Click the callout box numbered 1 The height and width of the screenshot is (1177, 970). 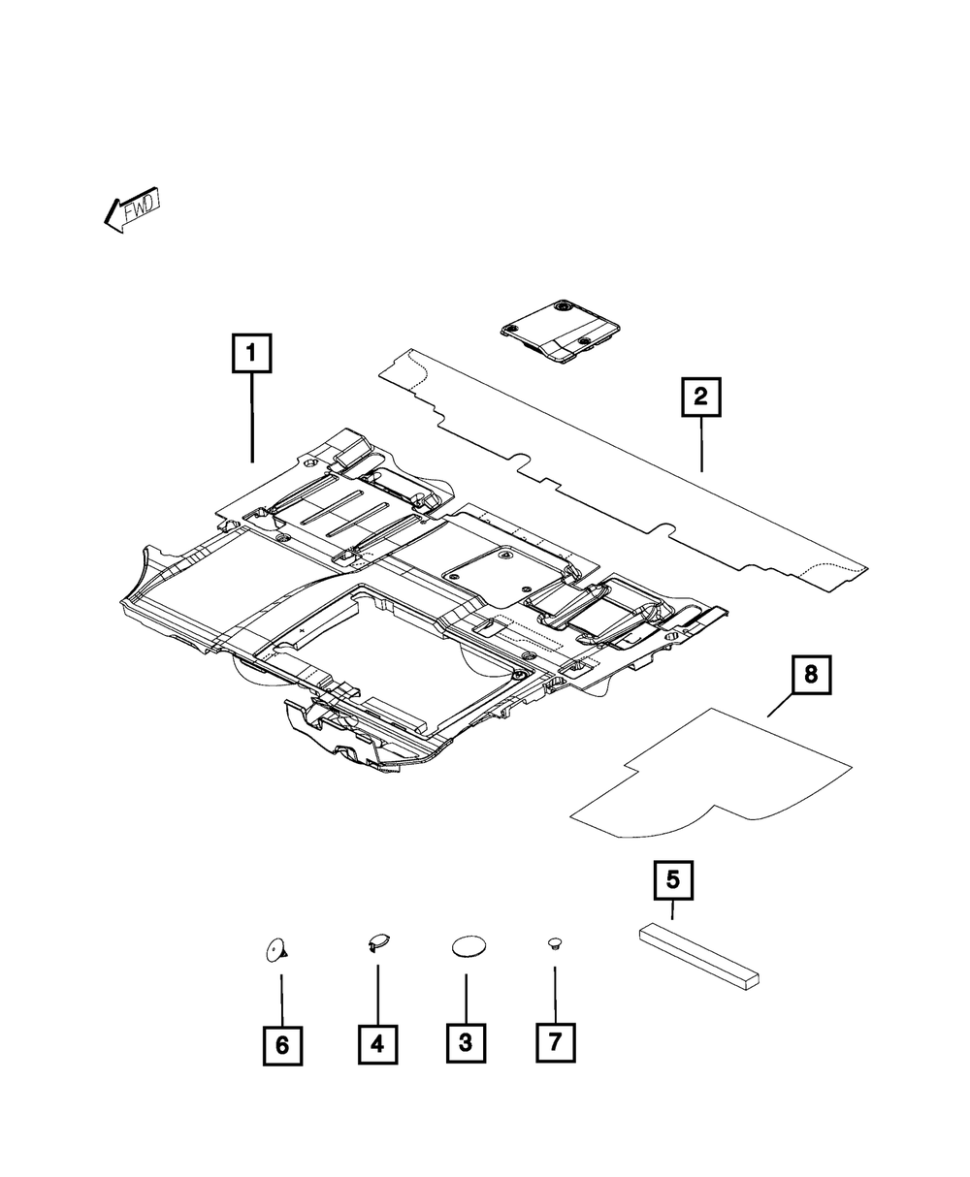click(251, 354)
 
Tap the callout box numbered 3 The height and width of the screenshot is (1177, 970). click(466, 1043)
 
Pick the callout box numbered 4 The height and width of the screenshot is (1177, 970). click(377, 1043)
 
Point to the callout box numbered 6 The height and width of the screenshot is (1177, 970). click(281, 1044)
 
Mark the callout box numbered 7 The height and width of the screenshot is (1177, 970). click(555, 1043)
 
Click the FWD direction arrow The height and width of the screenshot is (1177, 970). click(133, 209)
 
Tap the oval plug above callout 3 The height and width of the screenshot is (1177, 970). click(468, 947)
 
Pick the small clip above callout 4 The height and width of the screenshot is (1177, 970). click(378, 940)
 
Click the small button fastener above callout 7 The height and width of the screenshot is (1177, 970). click(555, 942)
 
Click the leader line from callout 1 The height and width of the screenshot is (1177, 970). click(252, 417)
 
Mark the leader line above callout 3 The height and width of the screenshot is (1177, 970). click(466, 999)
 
